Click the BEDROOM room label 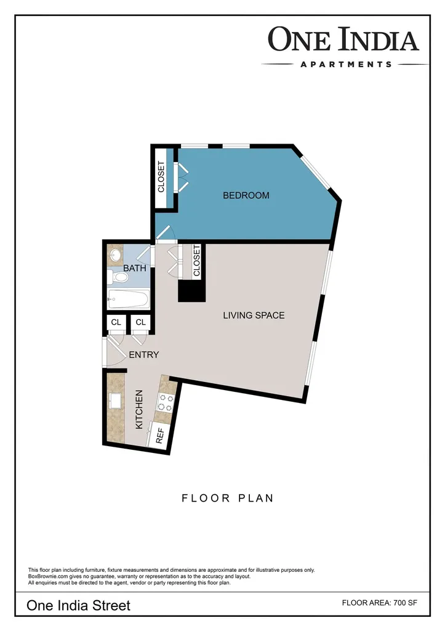(x=246, y=195)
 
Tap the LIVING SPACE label (x=254, y=315)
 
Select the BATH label (x=135, y=268)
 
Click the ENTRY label (x=144, y=354)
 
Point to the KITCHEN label (x=139, y=409)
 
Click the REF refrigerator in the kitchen (x=158, y=434)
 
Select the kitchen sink (x=115, y=401)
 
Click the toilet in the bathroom (x=118, y=277)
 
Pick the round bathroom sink (x=116, y=254)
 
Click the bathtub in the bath (x=129, y=299)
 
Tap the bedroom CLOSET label (x=161, y=177)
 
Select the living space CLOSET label (x=196, y=261)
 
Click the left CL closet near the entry (x=116, y=322)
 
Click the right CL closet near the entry (x=141, y=322)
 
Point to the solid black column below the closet (x=192, y=291)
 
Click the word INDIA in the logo (x=378, y=39)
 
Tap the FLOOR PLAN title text (x=228, y=498)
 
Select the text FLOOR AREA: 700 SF (x=380, y=603)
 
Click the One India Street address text (x=78, y=606)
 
